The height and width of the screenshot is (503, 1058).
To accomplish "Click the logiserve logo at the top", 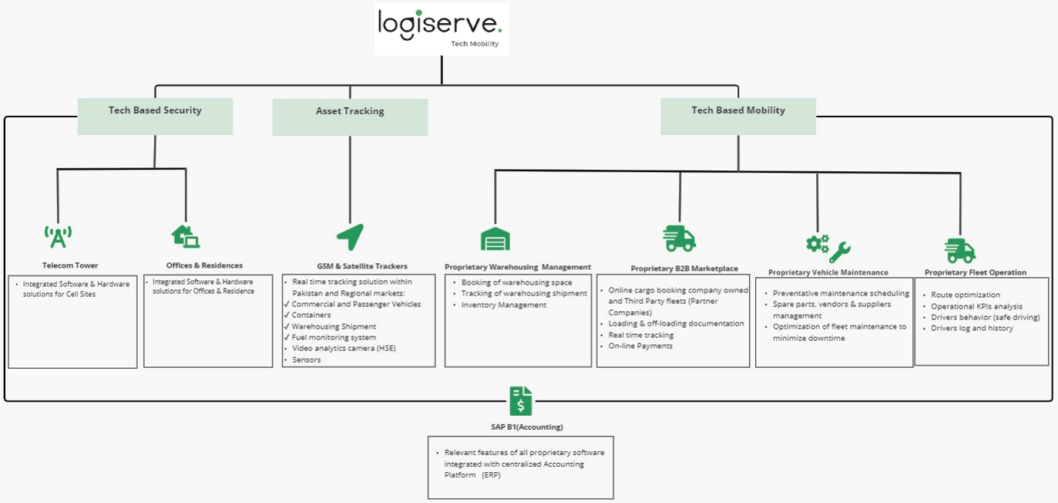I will tap(441, 28).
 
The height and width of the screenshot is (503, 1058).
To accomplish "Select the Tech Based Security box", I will tap(155, 116).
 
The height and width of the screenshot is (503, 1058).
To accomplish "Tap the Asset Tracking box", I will tap(350, 116).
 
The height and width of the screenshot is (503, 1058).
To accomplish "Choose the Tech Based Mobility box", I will tap(738, 116).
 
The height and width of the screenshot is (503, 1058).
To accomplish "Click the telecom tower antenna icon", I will tap(58, 236).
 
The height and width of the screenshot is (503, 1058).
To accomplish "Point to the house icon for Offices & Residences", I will tap(186, 235).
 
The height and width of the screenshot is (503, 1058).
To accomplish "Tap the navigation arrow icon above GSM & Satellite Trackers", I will tap(350, 237).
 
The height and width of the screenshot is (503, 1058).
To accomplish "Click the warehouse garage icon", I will tap(495, 238).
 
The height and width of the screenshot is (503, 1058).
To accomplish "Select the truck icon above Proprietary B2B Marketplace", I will tap(679, 238).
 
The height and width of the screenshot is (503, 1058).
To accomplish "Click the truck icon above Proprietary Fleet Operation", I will tap(959, 250).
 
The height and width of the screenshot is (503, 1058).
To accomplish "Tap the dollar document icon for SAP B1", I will tap(521, 401).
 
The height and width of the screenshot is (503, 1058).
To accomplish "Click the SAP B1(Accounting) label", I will tap(521, 427).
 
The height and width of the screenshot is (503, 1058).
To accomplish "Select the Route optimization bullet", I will tap(965, 295).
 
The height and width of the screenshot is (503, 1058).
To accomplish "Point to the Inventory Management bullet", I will tap(503, 305).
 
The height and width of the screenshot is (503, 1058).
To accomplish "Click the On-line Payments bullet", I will tap(640, 346).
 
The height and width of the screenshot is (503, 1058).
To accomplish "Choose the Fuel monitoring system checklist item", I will tap(333, 337).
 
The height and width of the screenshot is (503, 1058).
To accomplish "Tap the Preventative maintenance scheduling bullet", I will tap(840, 293).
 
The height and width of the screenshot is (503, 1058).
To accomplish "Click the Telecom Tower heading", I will tap(70, 265).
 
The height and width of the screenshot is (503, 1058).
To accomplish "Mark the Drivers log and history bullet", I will tap(972, 328).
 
